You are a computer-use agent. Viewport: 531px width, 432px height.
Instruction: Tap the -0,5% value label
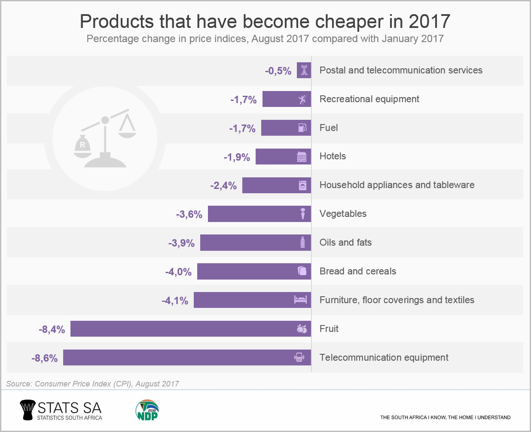[x=278, y=71]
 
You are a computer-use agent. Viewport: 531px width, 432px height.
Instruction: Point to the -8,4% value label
[x=52, y=329]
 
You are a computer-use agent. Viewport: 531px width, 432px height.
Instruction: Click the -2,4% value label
[x=223, y=186]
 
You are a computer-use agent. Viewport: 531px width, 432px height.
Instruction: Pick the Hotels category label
[x=333, y=156]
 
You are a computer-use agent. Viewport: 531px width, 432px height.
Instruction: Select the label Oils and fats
[x=345, y=243]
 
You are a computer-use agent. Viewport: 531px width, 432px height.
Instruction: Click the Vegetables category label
[x=343, y=214]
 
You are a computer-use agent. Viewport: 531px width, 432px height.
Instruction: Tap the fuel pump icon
[x=302, y=128]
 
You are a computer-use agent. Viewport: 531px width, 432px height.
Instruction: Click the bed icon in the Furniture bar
[x=300, y=300]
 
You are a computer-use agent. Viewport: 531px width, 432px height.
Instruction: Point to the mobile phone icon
[x=299, y=357]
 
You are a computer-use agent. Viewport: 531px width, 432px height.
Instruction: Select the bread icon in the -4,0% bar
[x=302, y=271]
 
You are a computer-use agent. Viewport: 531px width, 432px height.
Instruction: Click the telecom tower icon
[x=304, y=70]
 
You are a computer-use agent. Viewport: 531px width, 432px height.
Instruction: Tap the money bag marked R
[x=82, y=145]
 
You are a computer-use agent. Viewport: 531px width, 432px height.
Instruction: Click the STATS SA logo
[x=61, y=411]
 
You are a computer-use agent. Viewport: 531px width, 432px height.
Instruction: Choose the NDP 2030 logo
[x=147, y=411]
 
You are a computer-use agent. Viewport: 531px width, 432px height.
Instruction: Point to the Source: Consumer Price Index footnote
[x=92, y=384]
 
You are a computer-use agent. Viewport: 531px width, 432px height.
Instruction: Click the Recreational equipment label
[x=369, y=99]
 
